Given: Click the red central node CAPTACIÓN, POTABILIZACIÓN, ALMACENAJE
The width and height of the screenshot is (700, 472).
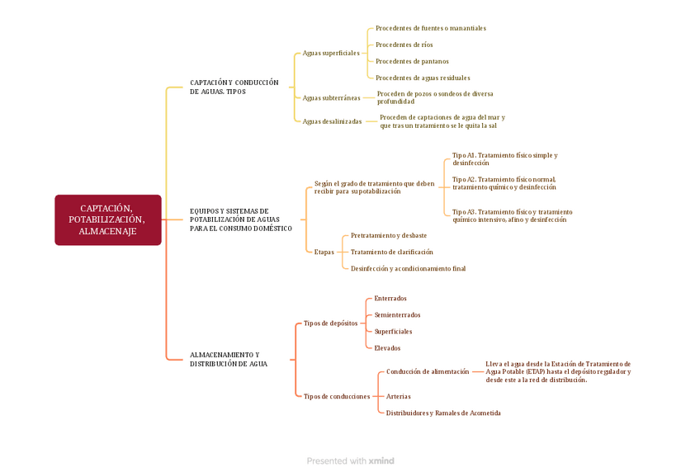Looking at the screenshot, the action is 107,220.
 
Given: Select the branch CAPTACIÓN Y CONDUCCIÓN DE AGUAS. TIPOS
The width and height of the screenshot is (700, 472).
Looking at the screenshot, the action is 234,87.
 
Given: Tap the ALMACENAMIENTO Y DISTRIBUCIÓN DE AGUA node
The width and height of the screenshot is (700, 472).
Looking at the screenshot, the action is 229,359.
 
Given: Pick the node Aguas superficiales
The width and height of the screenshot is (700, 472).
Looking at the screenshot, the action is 330,53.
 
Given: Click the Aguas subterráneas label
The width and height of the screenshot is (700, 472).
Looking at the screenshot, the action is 331,97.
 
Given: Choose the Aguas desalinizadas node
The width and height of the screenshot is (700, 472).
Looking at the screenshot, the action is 332,121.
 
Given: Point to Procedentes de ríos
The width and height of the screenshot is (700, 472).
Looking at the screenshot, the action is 404,45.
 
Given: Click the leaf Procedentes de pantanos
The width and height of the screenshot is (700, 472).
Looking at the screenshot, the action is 412,61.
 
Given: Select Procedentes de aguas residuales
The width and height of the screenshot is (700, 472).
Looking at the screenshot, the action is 423,78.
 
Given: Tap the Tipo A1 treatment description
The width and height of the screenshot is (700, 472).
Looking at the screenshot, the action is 504,159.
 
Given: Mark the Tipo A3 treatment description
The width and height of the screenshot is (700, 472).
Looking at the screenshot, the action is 512,216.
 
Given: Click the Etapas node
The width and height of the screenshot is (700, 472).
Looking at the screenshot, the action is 324,252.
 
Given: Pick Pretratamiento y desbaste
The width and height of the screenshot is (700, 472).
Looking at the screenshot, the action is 388,235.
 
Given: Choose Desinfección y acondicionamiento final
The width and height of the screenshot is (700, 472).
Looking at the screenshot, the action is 408,268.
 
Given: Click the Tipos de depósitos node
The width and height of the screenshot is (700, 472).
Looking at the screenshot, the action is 330,323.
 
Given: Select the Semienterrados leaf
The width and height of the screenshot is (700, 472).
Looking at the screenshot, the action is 397,314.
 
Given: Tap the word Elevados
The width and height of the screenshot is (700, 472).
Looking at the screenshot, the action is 387,348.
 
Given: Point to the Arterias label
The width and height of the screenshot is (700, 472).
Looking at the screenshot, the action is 398,396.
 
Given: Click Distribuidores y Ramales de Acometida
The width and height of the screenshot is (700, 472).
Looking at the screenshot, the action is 443,413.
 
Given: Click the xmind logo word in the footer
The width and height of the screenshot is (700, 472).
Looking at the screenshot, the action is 381,460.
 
